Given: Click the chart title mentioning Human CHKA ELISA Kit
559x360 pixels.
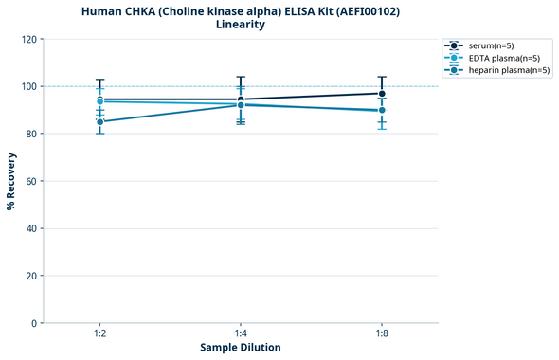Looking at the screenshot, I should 241,10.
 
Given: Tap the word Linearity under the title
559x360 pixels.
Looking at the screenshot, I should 241,25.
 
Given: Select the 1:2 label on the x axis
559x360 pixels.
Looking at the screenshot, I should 100,333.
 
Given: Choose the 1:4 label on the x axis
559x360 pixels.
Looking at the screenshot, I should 241,333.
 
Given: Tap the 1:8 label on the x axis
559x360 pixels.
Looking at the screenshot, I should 382,333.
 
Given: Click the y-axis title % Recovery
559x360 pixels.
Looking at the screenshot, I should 11,181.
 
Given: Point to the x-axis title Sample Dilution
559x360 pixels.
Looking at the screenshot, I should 241,348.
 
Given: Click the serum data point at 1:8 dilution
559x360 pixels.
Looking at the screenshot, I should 382,93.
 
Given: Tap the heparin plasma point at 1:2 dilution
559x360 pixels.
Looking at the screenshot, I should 100,121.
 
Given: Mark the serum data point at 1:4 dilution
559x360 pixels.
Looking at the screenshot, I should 241,99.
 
